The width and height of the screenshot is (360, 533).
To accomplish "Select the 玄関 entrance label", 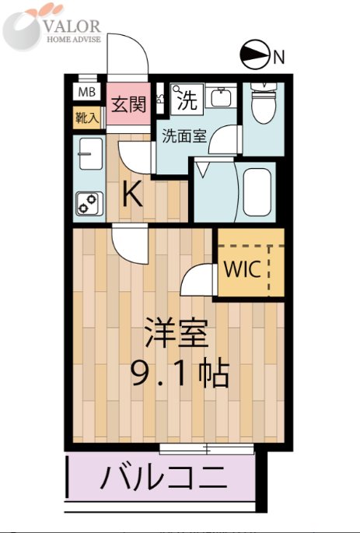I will (x=128, y=103).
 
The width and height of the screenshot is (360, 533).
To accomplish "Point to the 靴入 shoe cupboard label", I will (x=86, y=119).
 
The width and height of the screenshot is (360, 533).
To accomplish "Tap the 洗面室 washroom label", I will (x=183, y=136).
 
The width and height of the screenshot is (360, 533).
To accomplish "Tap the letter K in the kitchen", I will (x=133, y=195).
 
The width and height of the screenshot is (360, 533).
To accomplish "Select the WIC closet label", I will (x=242, y=269).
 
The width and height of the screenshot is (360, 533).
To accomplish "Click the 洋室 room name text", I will (x=177, y=336).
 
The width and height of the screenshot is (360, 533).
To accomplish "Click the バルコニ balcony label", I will (x=163, y=476).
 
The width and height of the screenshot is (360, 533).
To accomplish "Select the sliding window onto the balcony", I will (x=207, y=449).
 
